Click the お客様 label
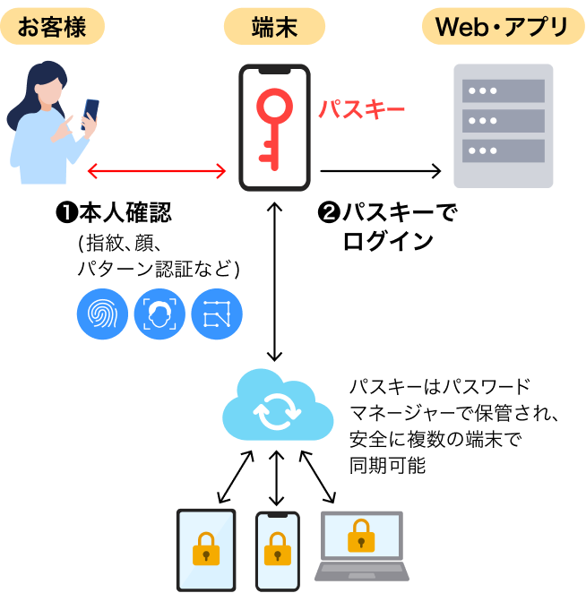pos(52,27)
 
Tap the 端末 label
pos(274,27)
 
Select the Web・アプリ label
pos(503,27)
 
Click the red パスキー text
pos(362,110)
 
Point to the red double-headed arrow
pos(157,171)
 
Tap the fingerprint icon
pos(102,314)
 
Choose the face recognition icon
pos(159,314)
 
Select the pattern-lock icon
pos(217,314)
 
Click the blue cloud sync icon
pos(277,408)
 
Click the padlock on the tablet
pos(206,548)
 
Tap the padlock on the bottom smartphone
pos(277,549)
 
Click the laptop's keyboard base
pos(362,572)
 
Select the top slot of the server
pos(503,90)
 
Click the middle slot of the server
pos(503,120)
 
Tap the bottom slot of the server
pos(503,150)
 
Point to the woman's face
pos(53,88)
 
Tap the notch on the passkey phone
pos(274,70)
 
